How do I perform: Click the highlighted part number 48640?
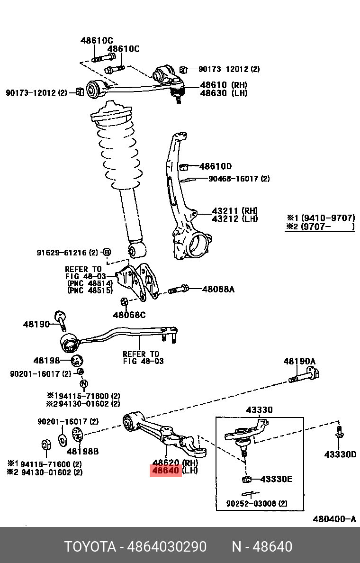[x=165, y=471]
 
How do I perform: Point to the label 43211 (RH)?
[x=234, y=210]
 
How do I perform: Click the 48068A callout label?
[x=218, y=289]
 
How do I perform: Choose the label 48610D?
[x=215, y=166]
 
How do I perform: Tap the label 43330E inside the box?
[x=276, y=479]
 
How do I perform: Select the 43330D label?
[x=340, y=454]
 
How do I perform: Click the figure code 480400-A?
[x=334, y=519]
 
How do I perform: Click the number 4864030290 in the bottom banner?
[x=167, y=547]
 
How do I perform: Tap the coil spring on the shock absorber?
[x=118, y=152]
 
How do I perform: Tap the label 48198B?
[x=82, y=452]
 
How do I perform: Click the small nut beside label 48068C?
[x=124, y=301]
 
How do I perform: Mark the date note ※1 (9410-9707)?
[x=320, y=218]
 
